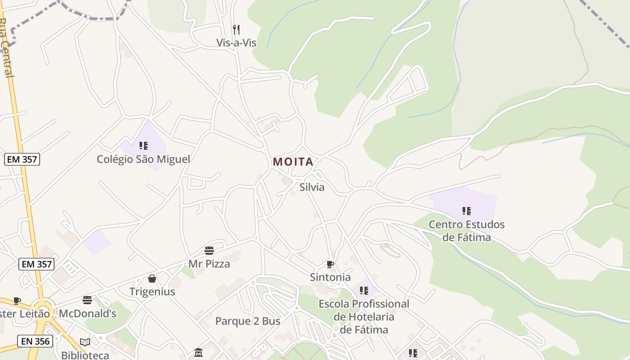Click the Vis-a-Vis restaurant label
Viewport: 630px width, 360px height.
(x=236, y=43)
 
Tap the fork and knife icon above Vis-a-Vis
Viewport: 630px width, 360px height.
(x=236, y=30)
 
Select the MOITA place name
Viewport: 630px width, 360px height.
(x=293, y=162)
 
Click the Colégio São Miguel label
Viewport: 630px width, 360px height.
(x=144, y=159)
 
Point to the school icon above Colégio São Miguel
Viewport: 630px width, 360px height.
(x=144, y=145)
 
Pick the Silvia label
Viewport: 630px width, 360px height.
(x=312, y=187)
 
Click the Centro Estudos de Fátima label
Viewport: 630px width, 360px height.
(x=467, y=230)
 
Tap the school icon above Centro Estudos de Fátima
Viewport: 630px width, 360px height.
(x=467, y=211)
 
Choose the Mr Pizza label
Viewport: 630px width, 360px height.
(x=209, y=264)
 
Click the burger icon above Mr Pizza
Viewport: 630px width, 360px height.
(x=209, y=250)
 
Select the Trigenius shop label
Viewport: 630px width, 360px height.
(x=152, y=292)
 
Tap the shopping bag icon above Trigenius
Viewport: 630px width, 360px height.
(x=152, y=279)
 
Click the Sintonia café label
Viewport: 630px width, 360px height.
(x=330, y=277)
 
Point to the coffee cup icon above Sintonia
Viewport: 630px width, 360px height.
(x=330, y=264)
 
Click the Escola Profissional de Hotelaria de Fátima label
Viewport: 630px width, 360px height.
(x=364, y=317)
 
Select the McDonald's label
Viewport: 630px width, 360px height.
(x=88, y=314)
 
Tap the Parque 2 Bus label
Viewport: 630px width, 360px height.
(x=247, y=321)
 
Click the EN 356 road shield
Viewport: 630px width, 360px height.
(x=35, y=341)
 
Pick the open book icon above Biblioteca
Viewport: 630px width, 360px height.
(x=85, y=342)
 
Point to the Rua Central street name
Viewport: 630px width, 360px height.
(x=6, y=47)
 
